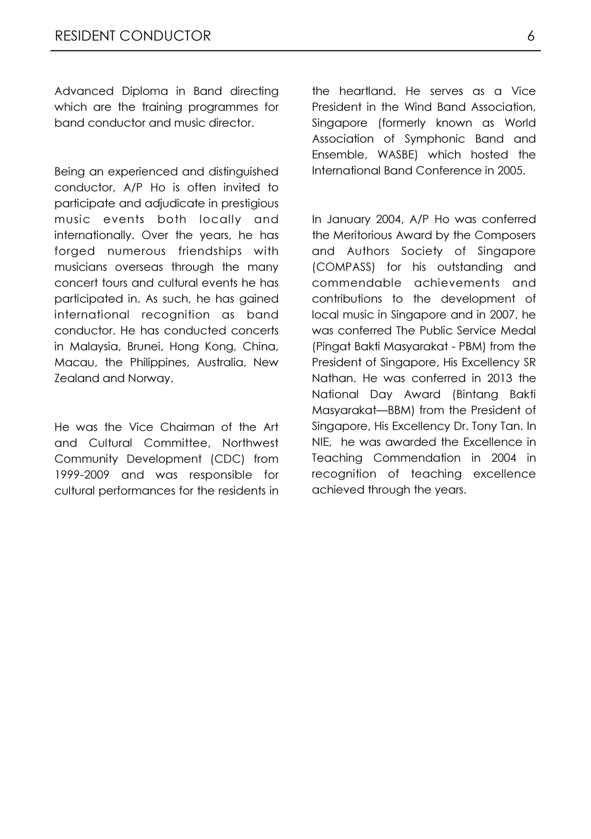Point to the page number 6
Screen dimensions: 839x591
pos(531,36)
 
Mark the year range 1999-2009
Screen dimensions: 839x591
pos(82,475)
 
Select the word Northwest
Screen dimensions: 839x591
pos(250,443)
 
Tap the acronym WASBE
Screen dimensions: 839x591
pos(397,155)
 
